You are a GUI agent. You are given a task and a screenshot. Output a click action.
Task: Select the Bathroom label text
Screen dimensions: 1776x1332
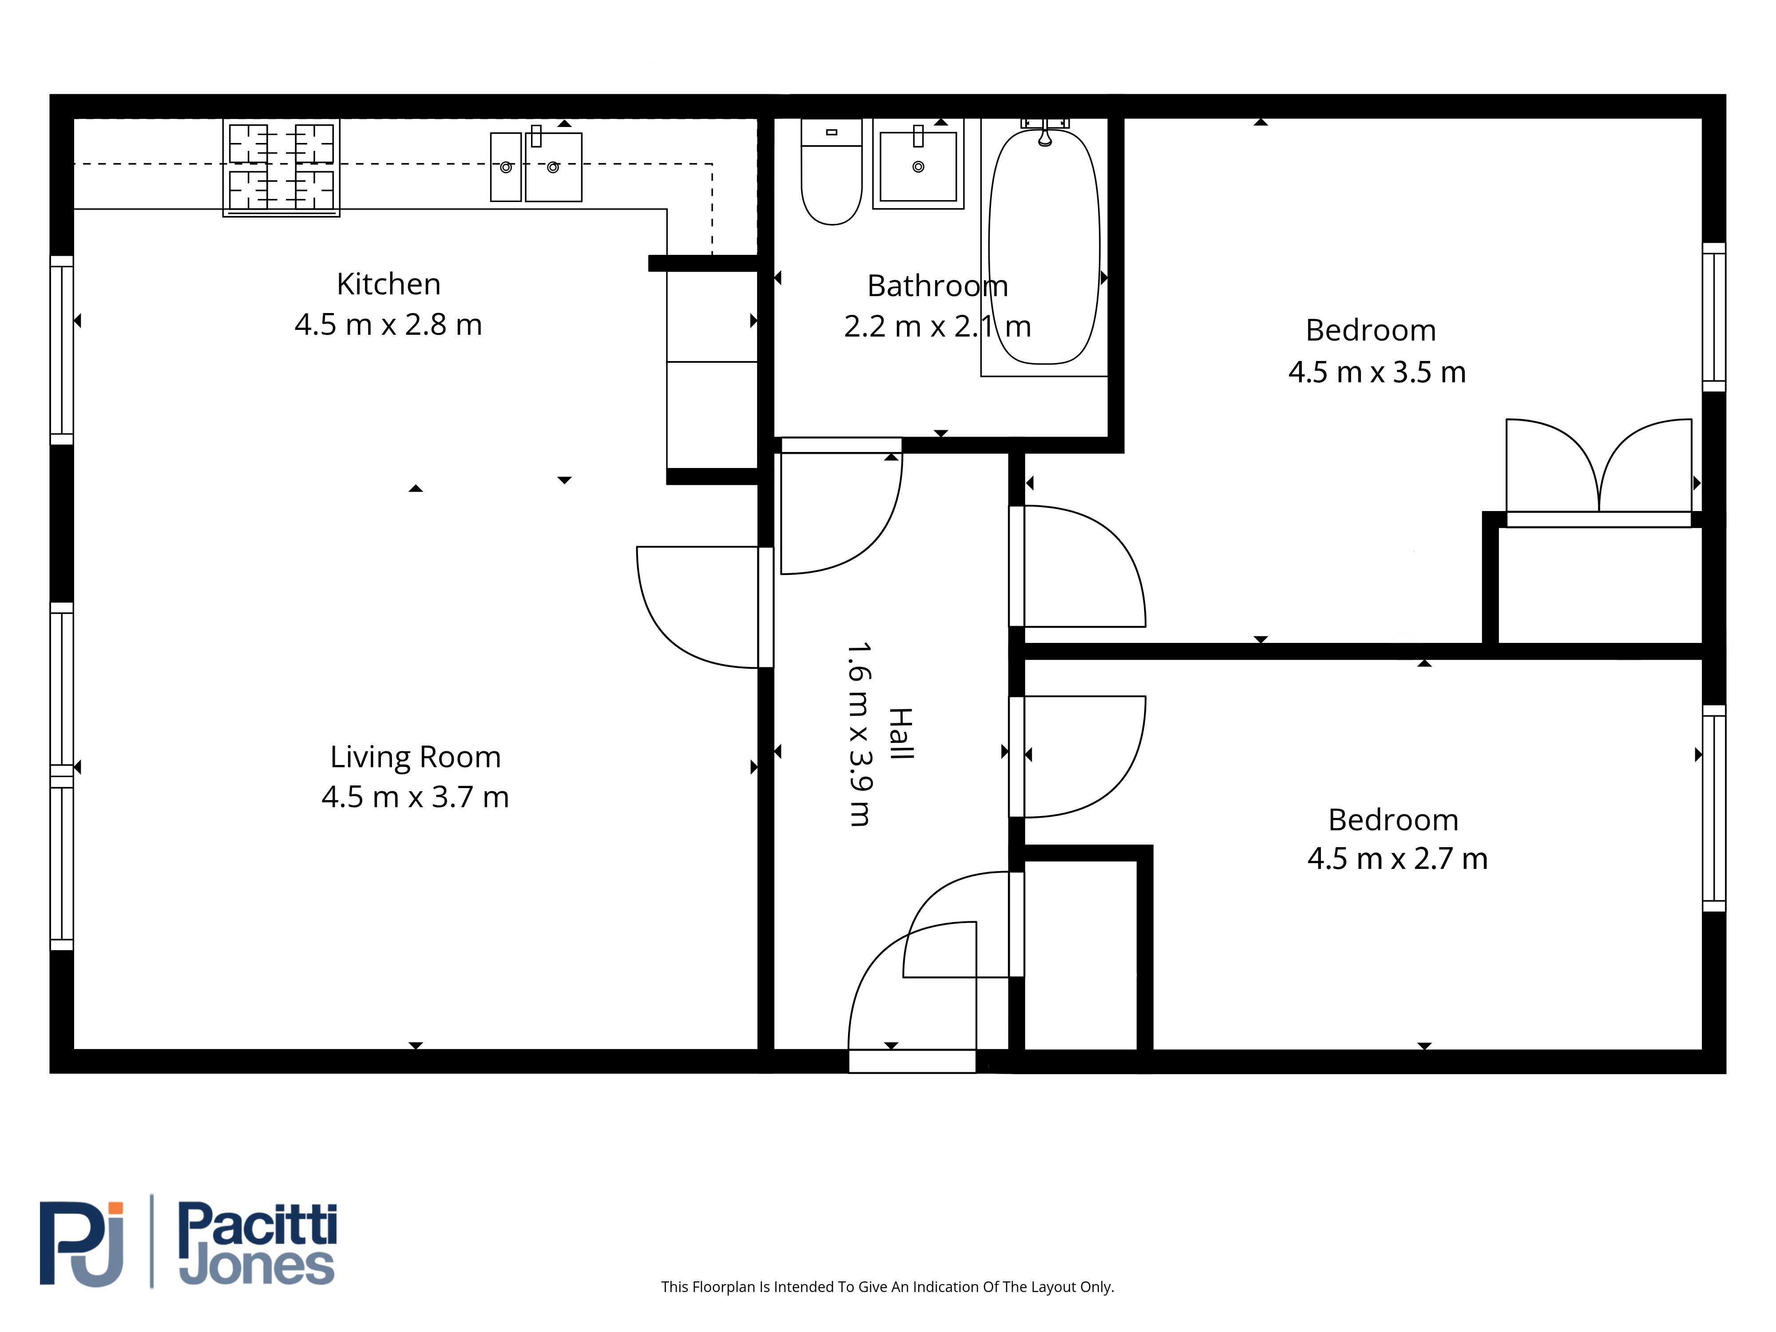pyautogui.click(x=937, y=286)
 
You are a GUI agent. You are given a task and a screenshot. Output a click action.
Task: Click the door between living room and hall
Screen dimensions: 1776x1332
pyautogui.click(x=698, y=607)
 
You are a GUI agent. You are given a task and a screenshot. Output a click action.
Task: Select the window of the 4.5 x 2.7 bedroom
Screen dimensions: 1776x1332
pyautogui.click(x=1714, y=809)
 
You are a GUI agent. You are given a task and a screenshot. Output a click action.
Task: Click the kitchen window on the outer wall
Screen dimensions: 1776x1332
pyautogui.click(x=62, y=350)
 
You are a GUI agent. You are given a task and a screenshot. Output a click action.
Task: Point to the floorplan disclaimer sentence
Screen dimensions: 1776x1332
pyautogui.click(x=887, y=1287)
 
